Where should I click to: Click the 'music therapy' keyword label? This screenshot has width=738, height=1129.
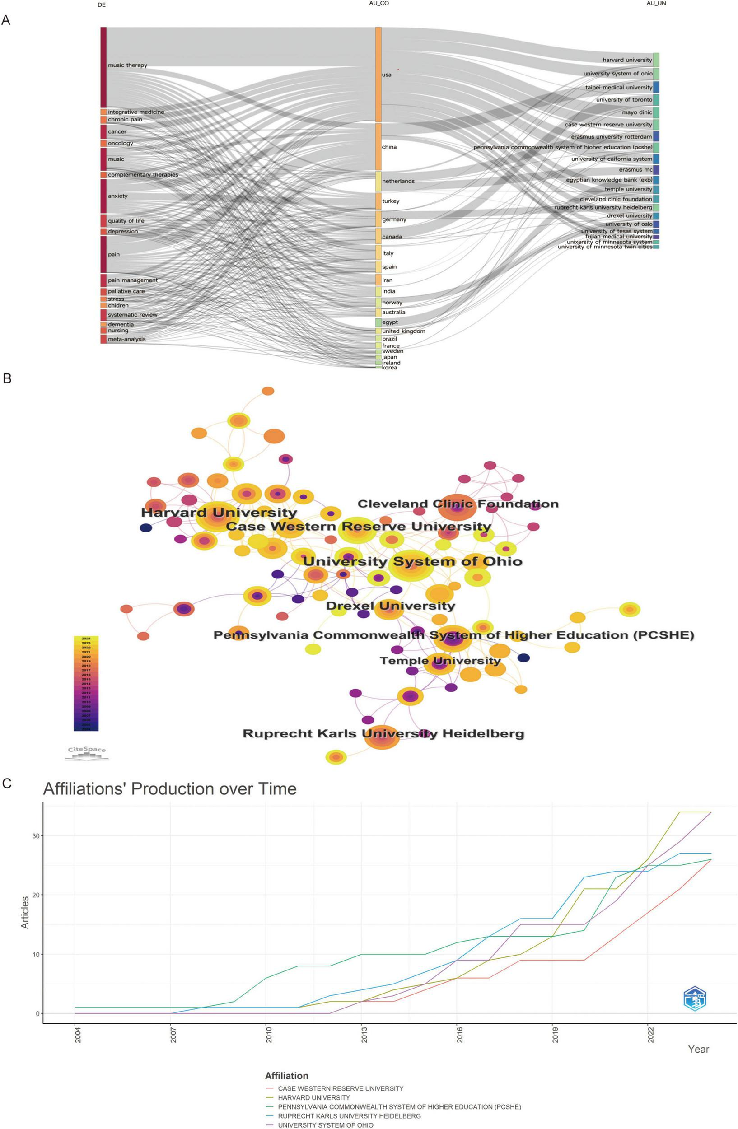click(127, 65)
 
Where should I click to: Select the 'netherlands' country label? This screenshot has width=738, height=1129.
click(398, 181)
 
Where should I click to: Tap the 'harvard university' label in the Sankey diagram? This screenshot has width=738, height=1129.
click(627, 60)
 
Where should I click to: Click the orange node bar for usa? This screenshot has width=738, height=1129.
click(378, 75)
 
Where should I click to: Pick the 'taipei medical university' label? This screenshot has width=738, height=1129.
click(618, 87)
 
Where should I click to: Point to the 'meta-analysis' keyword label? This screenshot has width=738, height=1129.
click(126, 339)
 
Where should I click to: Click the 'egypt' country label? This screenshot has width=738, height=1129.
click(390, 322)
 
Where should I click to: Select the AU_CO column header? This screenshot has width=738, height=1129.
click(378, 4)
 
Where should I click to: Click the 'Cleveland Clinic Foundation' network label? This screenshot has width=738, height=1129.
click(458, 504)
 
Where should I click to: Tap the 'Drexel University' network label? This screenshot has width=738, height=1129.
click(390, 606)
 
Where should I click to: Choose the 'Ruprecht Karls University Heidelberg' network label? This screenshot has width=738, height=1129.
click(383, 734)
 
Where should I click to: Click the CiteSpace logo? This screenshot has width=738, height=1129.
click(87, 753)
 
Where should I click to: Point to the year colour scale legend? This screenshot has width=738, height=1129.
click(86, 684)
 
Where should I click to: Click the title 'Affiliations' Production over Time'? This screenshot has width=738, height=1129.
click(169, 789)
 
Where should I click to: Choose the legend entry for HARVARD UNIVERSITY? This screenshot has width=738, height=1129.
click(313, 1098)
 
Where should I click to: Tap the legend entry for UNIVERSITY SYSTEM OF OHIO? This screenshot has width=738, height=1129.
click(325, 1125)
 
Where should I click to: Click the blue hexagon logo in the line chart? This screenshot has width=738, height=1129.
click(694, 998)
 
